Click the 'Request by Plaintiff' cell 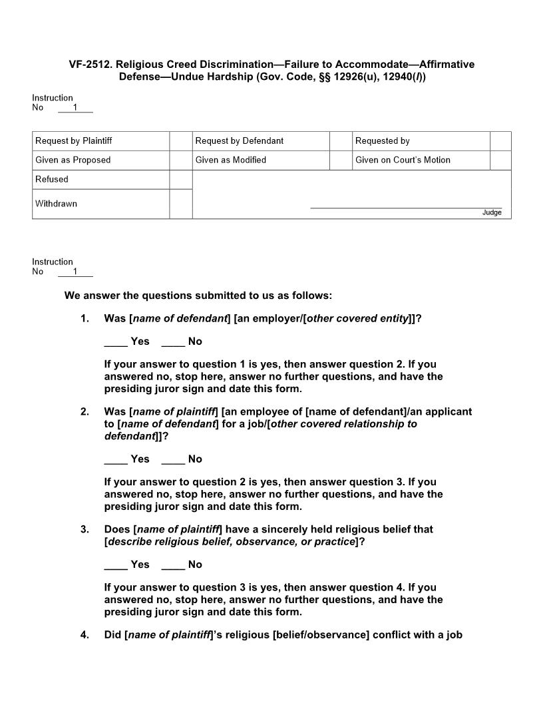(x=100, y=141)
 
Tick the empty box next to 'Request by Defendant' (x=341, y=141)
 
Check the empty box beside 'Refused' (x=180, y=180)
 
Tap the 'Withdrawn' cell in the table (x=100, y=204)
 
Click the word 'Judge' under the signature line (x=492, y=213)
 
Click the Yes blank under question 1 (x=116, y=342)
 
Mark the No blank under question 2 (x=172, y=460)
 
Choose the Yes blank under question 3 (x=116, y=565)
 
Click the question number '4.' (x=85, y=635)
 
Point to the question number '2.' (x=85, y=412)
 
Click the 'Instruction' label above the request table (x=53, y=98)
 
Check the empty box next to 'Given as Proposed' (x=180, y=160)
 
